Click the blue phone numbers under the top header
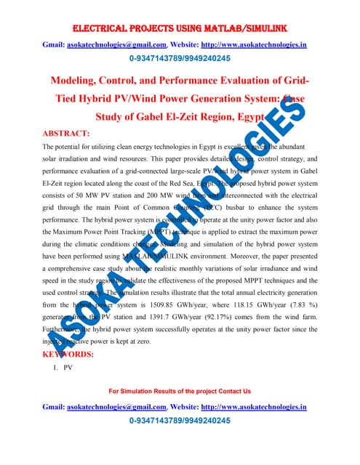(x=180, y=59)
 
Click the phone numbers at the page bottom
(x=180, y=421)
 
